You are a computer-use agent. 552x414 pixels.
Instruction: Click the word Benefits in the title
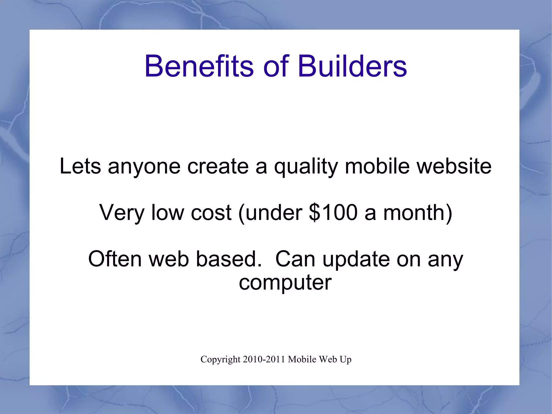pos(199,66)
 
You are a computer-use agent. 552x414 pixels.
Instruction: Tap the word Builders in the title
pos(352,66)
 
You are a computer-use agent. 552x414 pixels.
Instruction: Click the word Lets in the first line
pos(80,166)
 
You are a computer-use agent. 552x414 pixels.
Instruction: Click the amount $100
pos(333,213)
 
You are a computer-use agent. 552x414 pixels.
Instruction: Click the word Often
pos(115,259)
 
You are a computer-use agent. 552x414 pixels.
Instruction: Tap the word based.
pos(229,259)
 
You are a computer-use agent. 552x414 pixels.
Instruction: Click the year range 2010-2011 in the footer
pos(264,359)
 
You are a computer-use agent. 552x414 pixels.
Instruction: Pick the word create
pos(218,166)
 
